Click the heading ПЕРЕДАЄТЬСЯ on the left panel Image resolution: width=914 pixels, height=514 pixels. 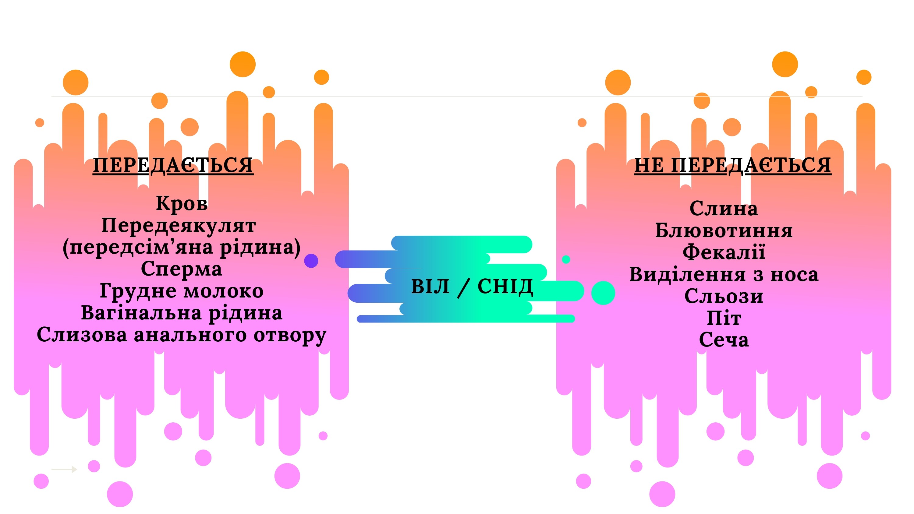click(x=173, y=165)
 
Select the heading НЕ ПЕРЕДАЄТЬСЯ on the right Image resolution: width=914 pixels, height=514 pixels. click(x=732, y=165)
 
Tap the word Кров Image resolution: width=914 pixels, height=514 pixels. click(x=182, y=204)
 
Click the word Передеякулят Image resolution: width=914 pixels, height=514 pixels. click(x=179, y=226)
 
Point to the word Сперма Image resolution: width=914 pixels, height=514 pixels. click(x=181, y=269)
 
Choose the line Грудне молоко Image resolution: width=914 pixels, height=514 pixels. click(x=181, y=291)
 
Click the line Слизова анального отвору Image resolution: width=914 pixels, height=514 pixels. click(x=181, y=335)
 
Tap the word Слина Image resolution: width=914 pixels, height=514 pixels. click(x=724, y=209)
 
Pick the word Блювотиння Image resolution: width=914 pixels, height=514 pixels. click(x=724, y=231)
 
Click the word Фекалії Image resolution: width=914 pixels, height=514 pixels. click(x=724, y=252)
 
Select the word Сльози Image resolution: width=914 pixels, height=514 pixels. click(x=724, y=296)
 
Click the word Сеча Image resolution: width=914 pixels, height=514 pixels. click(x=724, y=340)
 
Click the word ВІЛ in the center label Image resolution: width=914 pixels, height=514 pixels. click(x=430, y=286)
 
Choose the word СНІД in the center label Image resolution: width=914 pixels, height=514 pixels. click(x=505, y=287)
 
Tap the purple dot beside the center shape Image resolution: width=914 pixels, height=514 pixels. click(x=311, y=261)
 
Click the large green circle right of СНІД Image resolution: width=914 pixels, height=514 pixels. click(x=603, y=293)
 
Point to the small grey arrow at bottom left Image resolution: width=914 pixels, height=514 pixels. click(x=64, y=469)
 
